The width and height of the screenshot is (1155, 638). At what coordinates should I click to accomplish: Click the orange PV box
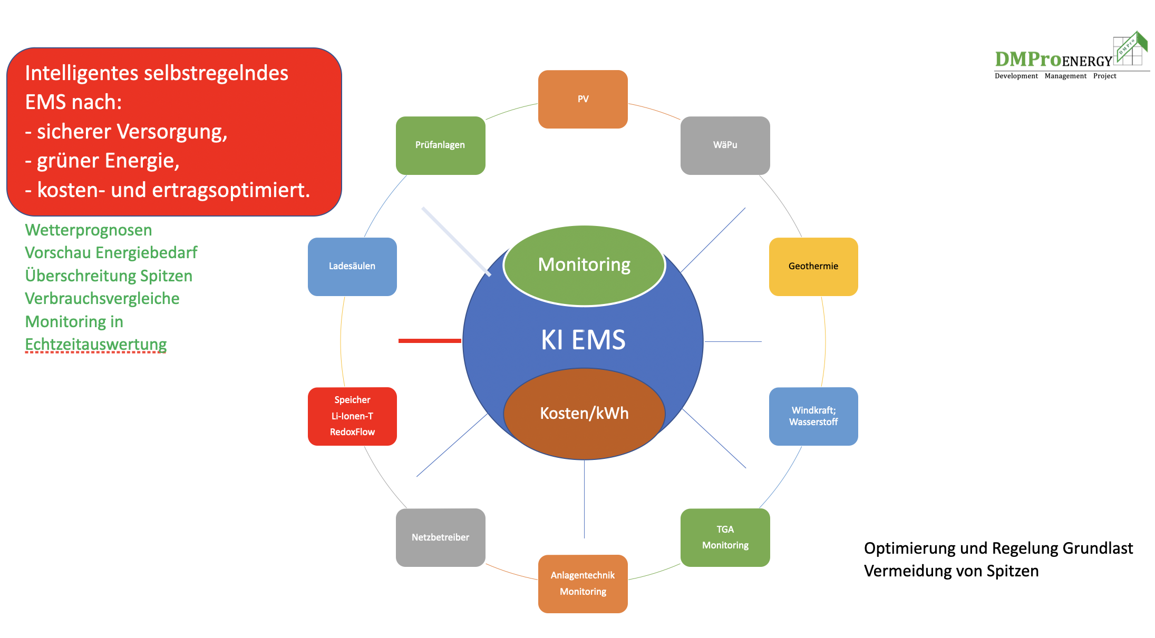pos(583,99)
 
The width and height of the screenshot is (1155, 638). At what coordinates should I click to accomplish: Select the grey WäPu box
pos(725,145)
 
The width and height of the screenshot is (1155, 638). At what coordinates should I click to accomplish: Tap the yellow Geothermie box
pos(813,267)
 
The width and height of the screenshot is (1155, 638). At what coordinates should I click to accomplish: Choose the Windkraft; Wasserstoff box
pos(813,416)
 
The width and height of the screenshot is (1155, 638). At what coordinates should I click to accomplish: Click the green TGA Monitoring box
pos(725,537)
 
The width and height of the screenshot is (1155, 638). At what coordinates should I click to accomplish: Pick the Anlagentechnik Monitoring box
pos(583,584)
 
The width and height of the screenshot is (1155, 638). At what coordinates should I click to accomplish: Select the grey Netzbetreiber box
pos(440,537)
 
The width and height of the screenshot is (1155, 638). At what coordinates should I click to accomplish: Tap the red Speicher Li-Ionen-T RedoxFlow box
pos(352,416)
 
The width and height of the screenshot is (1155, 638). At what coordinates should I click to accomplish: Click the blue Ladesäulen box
pos(352,267)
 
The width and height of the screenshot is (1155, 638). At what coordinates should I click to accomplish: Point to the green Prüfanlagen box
pos(440,145)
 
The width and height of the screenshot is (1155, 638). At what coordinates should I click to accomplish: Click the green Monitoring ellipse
pos(584,265)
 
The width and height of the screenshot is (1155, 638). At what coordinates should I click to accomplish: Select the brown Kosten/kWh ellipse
pos(584,414)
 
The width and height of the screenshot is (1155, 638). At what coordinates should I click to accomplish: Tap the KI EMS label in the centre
pos(583,340)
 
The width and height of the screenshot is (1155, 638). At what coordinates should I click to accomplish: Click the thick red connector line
pos(430,341)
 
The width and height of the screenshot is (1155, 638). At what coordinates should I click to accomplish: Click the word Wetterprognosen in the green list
pos(89,230)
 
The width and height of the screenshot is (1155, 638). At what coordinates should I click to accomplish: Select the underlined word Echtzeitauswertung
pos(96,345)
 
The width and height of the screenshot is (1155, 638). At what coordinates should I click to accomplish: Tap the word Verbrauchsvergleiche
pos(102,299)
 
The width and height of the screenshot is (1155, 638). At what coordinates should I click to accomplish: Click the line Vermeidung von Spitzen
pos(951,571)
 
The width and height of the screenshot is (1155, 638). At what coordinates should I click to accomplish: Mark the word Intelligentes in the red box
pos(81,73)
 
